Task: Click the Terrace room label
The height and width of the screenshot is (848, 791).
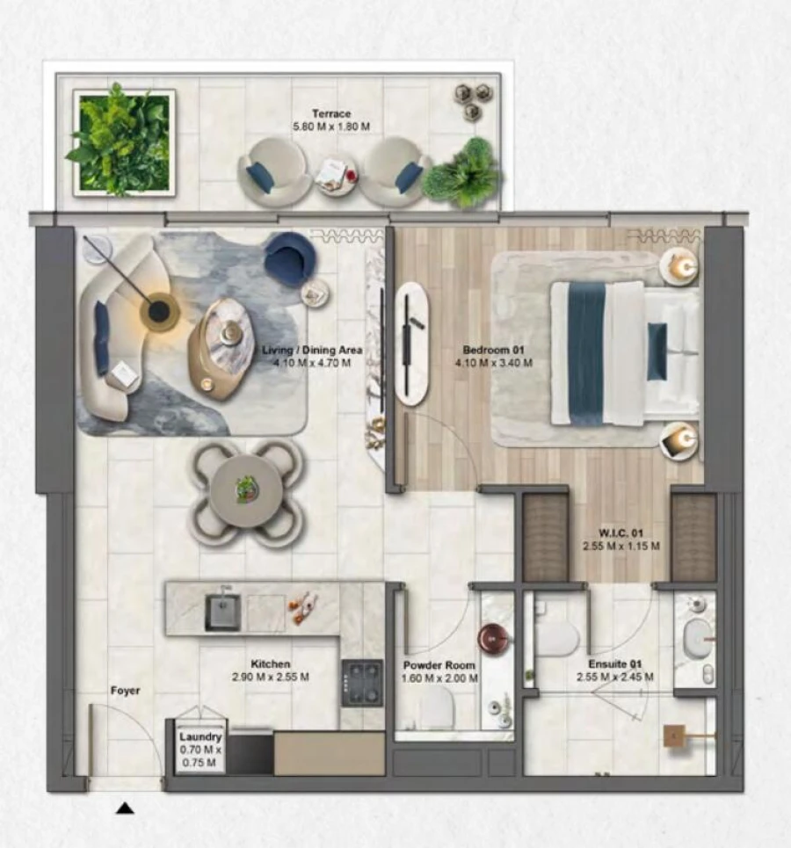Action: (330, 120)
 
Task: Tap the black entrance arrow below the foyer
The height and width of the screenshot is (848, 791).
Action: (126, 808)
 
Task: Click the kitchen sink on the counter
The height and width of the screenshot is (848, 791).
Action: (222, 612)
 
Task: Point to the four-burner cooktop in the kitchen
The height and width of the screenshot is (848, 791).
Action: (362, 682)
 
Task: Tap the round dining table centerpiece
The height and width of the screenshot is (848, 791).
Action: (247, 489)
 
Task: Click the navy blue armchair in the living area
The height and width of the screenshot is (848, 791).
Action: (290, 257)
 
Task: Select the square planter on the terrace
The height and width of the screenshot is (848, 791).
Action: (124, 141)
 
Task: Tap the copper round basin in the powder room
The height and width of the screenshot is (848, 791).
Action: (493, 637)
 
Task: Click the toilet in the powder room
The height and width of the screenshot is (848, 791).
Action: (436, 707)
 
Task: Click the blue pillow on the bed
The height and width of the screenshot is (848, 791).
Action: (657, 351)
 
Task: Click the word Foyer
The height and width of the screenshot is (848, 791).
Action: (125, 692)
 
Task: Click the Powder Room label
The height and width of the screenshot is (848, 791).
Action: (439, 671)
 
